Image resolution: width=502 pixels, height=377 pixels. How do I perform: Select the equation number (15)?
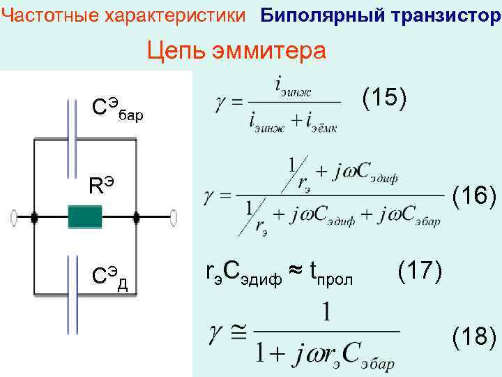click(x=384, y=98)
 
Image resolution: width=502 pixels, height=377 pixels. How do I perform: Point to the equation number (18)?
click(x=475, y=338)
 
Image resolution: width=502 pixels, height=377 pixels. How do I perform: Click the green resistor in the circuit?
click(x=85, y=217)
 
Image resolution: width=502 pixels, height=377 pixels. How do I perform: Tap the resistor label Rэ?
click(x=101, y=185)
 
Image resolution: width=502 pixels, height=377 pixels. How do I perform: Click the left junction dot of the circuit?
click(x=33, y=218)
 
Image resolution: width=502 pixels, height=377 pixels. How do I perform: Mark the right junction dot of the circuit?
click(x=137, y=218)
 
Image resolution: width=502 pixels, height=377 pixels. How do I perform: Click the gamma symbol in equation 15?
click(x=218, y=103)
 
